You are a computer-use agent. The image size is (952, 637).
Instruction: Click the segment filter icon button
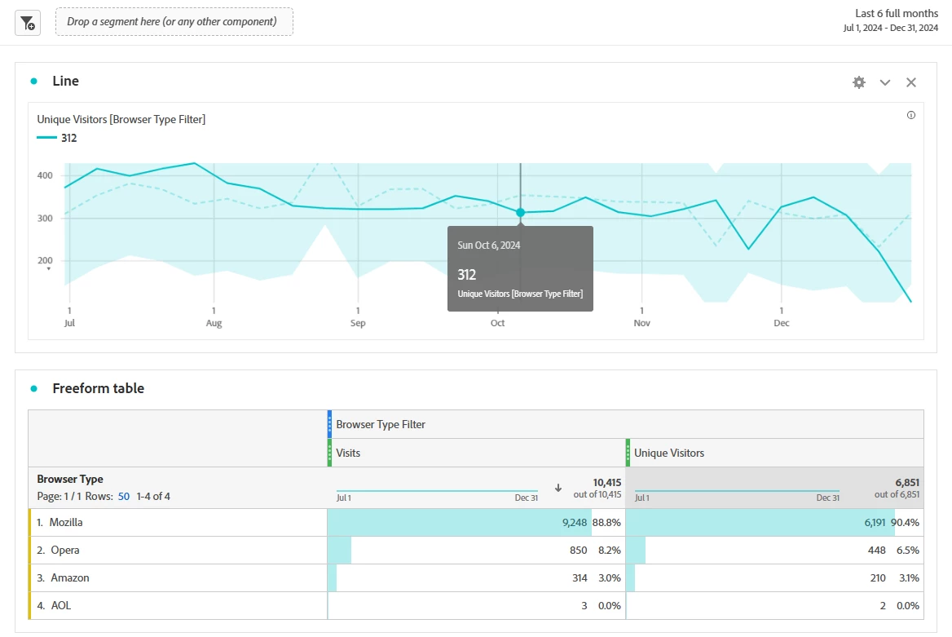pyautogui.click(x=27, y=22)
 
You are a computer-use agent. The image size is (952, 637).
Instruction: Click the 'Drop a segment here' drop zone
pyautogui.click(x=174, y=22)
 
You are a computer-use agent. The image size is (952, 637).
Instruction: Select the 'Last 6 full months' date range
pyautogui.click(x=896, y=14)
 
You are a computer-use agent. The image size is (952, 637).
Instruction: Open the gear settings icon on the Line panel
pyautogui.click(x=859, y=82)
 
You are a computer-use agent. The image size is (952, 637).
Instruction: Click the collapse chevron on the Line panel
pyautogui.click(x=885, y=82)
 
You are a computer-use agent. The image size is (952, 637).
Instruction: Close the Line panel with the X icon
pyautogui.click(x=911, y=82)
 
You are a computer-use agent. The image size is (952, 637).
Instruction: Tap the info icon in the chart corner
pyautogui.click(x=911, y=115)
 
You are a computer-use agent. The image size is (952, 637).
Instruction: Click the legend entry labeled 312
pyautogui.click(x=68, y=138)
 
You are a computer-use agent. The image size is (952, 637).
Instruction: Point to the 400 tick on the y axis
pyautogui.click(x=45, y=175)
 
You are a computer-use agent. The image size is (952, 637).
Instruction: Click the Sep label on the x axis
pyautogui.click(x=358, y=323)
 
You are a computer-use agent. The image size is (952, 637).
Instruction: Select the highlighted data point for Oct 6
pyautogui.click(x=520, y=212)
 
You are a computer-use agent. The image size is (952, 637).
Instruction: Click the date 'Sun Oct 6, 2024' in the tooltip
pyautogui.click(x=489, y=245)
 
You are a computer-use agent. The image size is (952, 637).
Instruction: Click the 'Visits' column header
pyautogui.click(x=348, y=453)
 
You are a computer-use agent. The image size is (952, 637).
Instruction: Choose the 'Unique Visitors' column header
pyautogui.click(x=669, y=453)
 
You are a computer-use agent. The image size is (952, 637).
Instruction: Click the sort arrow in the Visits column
pyautogui.click(x=558, y=488)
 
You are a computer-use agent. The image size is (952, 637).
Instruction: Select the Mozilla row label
pyautogui.click(x=66, y=522)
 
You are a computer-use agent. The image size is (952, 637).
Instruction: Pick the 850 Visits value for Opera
pyautogui.click(x=578, y=550)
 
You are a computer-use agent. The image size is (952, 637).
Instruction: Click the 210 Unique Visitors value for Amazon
pyautogui.click(x=878, y=577)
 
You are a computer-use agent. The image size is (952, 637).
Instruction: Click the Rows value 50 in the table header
pyautogui.click(x=124, y=496)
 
